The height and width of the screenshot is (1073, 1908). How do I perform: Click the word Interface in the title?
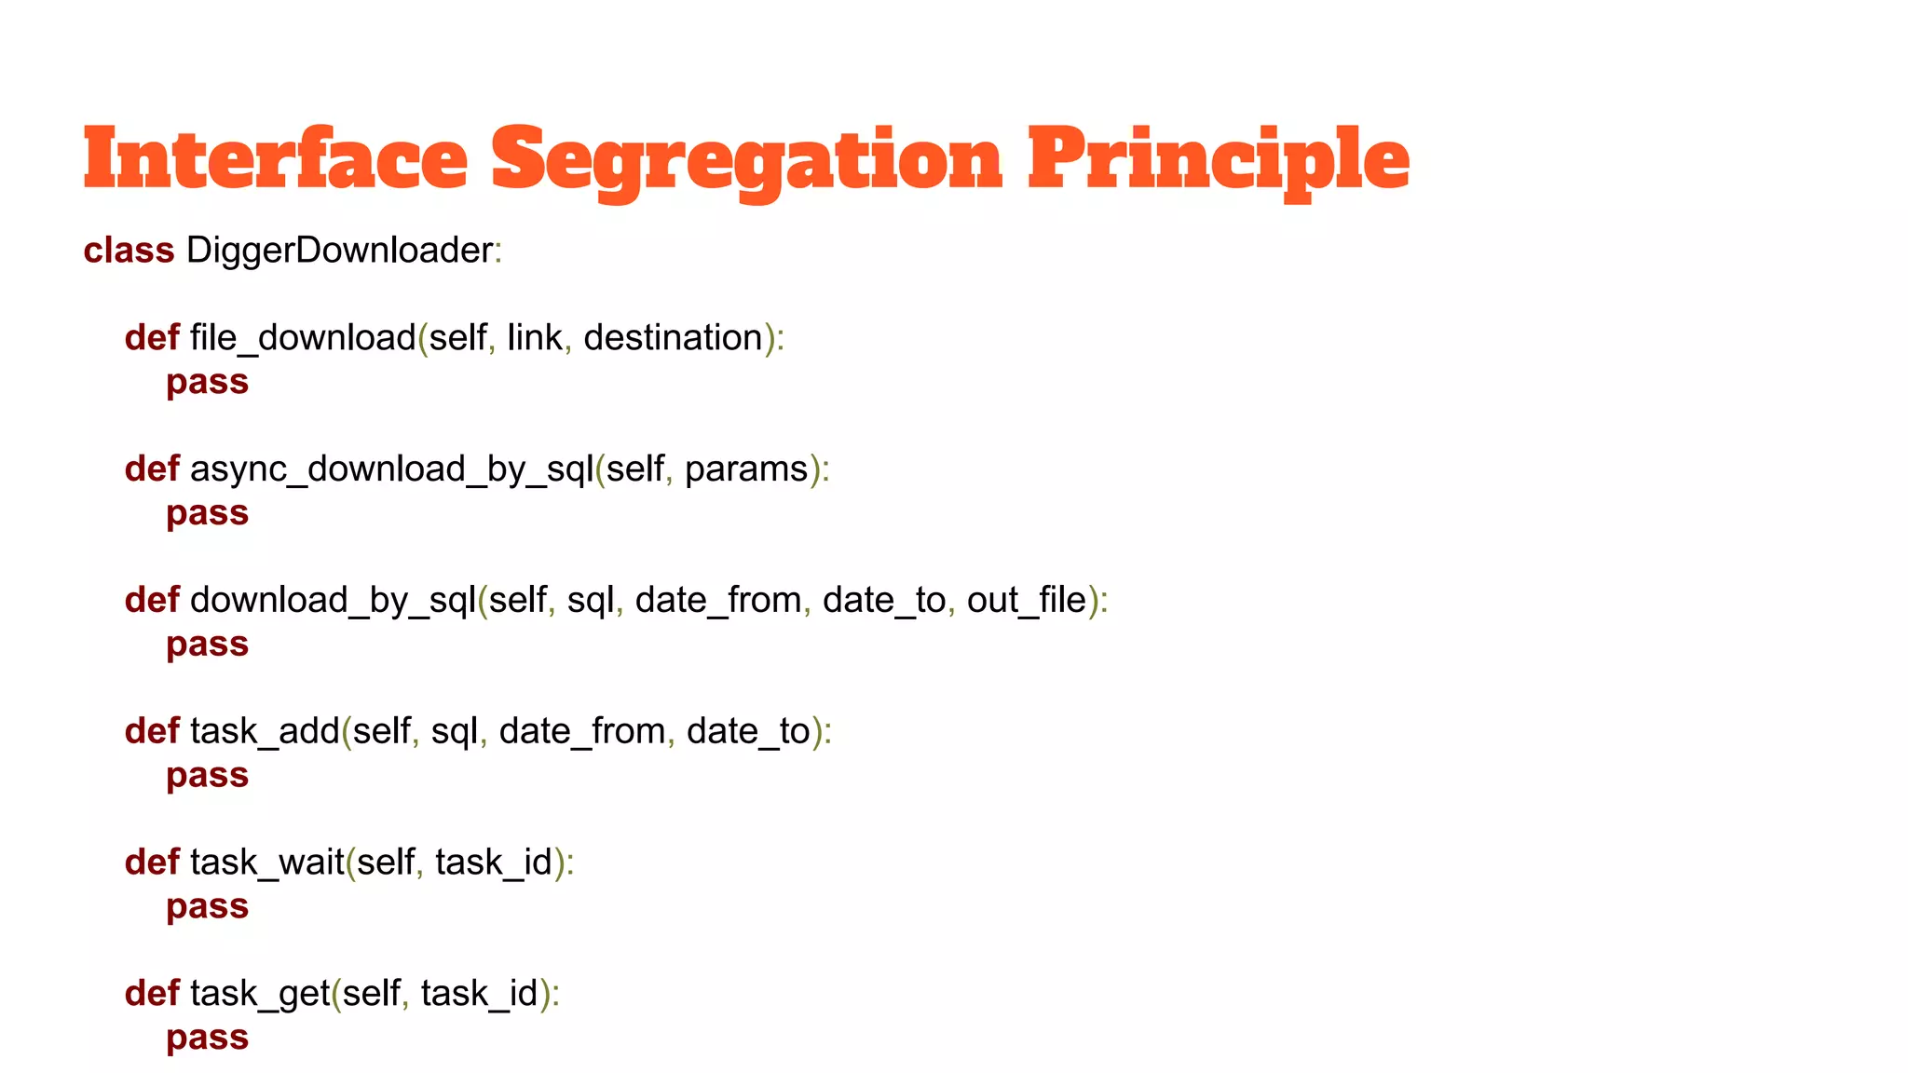click(x=275, y=158)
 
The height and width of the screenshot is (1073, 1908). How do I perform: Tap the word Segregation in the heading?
click(x=746, y=160)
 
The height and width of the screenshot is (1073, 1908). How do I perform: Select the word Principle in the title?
click(x=1218, y=160)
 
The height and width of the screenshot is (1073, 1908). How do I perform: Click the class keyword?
click(x=129, y=251)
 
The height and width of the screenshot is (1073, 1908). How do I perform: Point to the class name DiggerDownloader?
click(x=339, y=251)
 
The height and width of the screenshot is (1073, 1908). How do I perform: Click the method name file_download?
click(x=303, y=338)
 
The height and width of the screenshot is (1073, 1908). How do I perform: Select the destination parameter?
click(x=673, y=338)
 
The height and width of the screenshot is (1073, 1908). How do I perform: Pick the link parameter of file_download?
click(x=535, y=338)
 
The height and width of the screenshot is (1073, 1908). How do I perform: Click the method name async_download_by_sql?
click(x=391, y=469)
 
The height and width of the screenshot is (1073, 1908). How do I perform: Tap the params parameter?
click(x=746, y=469)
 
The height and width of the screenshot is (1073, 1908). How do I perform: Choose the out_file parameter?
click(x=1027, y=601)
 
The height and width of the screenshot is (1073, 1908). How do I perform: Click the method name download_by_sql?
click(x=333, y=601)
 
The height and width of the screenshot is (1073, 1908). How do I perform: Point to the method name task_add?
click(x=265, y=732)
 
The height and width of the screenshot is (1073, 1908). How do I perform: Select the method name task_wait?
click(x=267, y=863)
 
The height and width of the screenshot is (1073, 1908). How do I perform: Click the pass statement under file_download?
click(x=207, y=383)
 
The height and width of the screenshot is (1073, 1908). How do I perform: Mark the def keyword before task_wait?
click(x=152, y=863)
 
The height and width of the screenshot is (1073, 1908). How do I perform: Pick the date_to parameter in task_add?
click(x=748, y=732)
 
